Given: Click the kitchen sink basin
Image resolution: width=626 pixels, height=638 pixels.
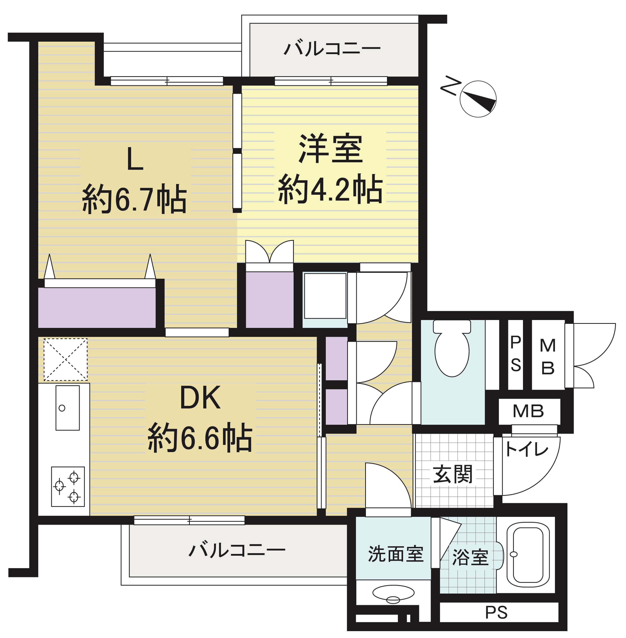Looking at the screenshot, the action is click(x=67, y=408).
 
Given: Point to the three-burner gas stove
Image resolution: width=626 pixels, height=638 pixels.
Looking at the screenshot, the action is click(x=68, y=487).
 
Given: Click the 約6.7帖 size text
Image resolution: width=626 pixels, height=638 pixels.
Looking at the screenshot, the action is click(x=134, y=199).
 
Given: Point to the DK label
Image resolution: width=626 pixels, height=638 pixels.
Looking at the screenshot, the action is click(x=200, y=397).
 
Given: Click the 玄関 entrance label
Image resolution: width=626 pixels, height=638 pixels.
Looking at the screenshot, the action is click(x=453, y=474).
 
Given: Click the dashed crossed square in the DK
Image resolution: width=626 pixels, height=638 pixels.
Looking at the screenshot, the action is click(x=65, y=359).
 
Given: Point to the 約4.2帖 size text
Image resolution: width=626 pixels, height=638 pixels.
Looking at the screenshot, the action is click(x=330, y=189).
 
